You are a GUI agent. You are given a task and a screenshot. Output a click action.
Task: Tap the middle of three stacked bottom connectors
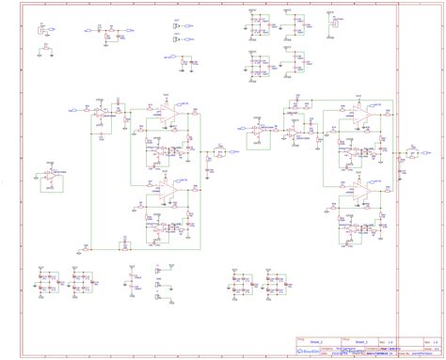(132, 280)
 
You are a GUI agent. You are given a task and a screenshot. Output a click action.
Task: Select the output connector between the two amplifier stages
(218, 150)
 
